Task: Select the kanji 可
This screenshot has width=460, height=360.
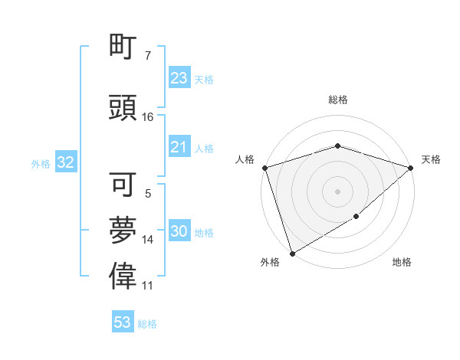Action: click(x=123, y=185)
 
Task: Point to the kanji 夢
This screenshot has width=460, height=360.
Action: click(x=123, y=231)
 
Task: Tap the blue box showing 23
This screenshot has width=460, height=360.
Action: click(x=179, y=78)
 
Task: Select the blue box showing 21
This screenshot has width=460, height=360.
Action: click(x=179, y=147)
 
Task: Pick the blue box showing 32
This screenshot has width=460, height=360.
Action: click(x=65, y=162)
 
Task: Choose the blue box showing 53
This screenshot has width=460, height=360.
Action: click(x=122, y=322)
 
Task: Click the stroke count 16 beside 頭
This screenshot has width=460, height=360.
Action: click(x=148, y=117)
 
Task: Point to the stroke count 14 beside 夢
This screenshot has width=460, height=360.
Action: click(x=148, y=240)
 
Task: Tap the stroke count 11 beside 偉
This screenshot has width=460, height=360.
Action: click(x=148, y=286)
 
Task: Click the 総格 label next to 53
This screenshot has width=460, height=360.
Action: click(x=147, y=324)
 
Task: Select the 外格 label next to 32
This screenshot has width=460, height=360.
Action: click(x=41, y=163)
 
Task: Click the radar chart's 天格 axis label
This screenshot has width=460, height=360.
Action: click(x=431, y=159)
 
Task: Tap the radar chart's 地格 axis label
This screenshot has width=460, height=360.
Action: click(x=402, y=262)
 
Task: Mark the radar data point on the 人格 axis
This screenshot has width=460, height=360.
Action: click(x=264, y=168)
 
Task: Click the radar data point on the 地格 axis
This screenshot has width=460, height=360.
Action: click(x=356, y=217)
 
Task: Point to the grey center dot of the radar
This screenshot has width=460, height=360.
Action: click(x=337, y=191)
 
